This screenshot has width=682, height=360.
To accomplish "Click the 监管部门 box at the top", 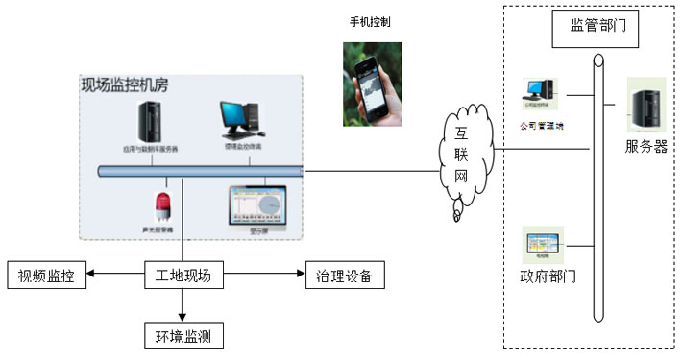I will coord(597,26).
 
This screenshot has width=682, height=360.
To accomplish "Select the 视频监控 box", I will coord(45,277).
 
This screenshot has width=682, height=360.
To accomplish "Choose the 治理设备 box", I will coord(343,277).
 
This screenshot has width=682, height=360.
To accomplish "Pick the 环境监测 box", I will coord(183,336).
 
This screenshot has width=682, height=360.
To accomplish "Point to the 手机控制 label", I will coord(372,20).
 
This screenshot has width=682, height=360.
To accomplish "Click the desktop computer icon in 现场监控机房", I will coord(240,120).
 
